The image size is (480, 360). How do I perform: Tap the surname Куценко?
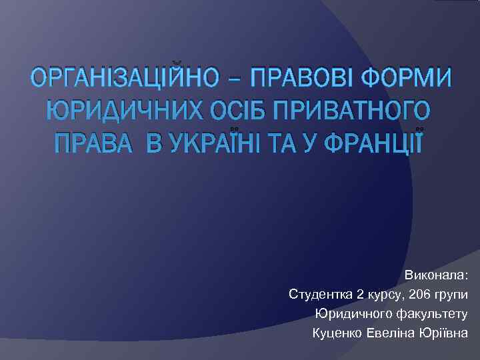337,333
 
